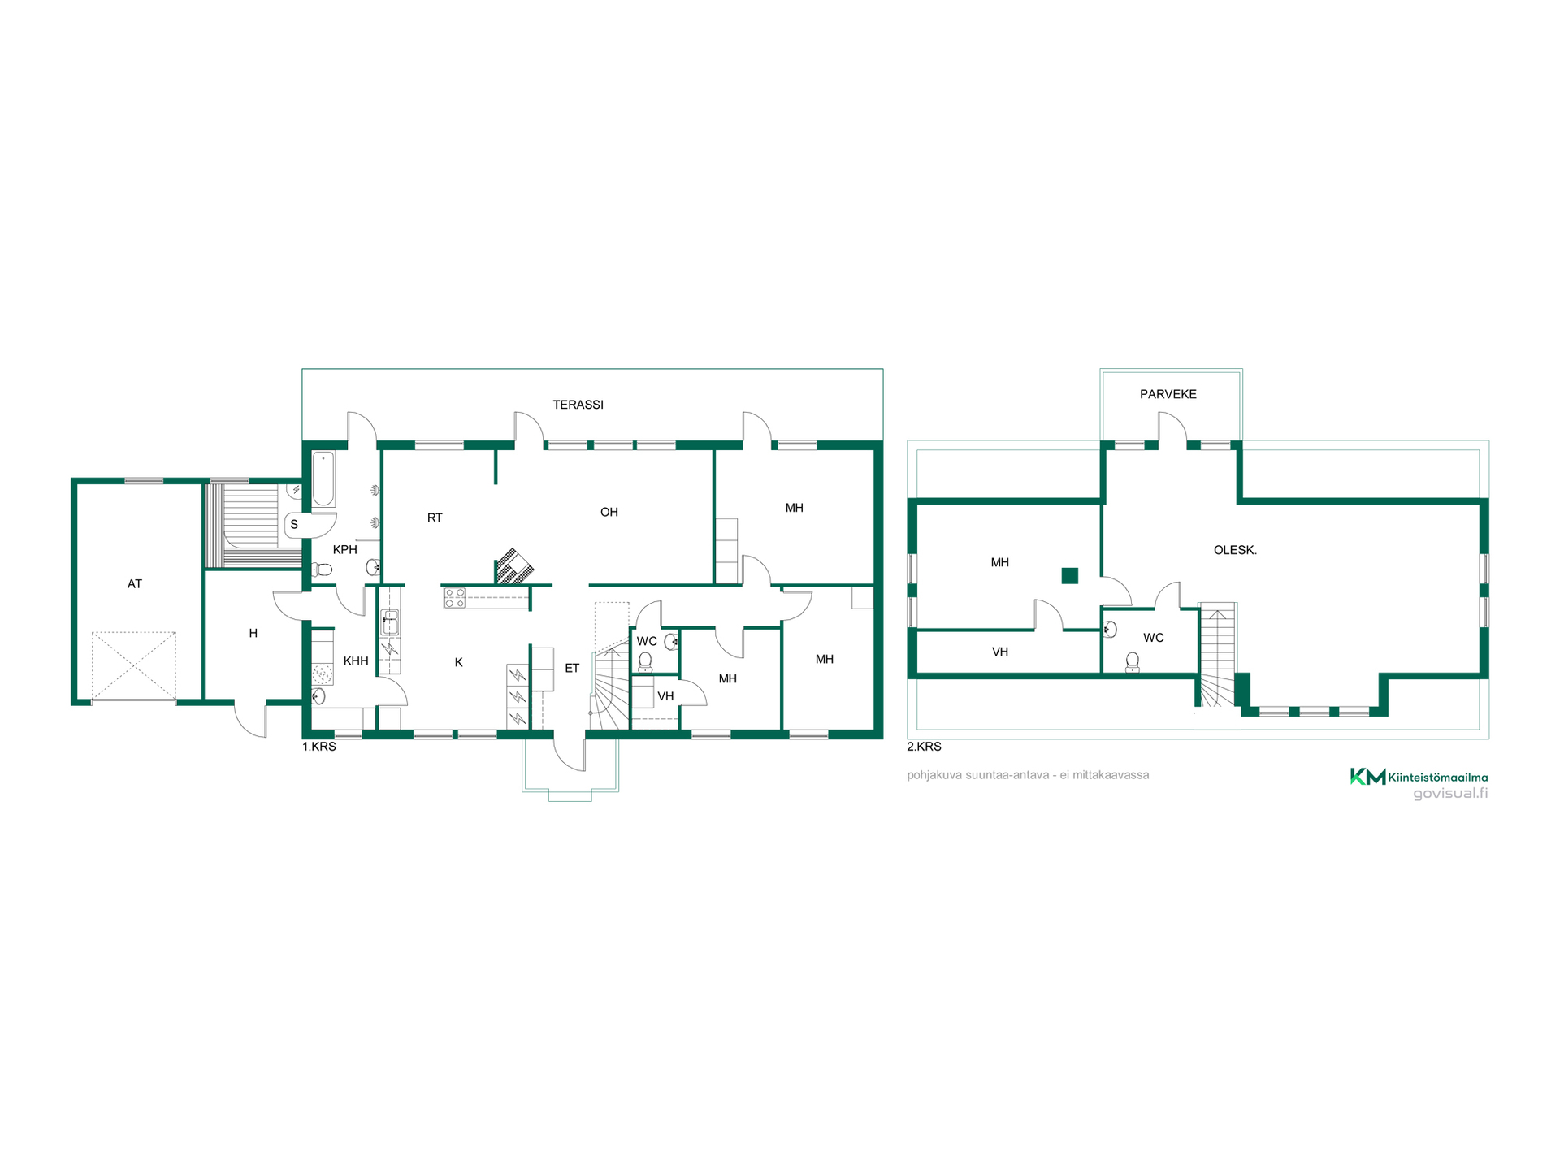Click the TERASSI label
[x=578, y=405]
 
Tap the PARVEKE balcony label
[x=1168, y=394]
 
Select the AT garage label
[x=135, y=584]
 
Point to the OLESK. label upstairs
[x=1235, y=550]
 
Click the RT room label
[x=435, y=518]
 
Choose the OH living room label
[x=609, y=512]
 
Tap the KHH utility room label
[x=356, y=661]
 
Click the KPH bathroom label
[x=345, y=550]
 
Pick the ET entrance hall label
[x=572, y=669]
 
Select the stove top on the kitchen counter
[x=454, y=599]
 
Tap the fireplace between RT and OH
[x=513, y=567]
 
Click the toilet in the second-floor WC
[x=1132, y=662]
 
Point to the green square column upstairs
[x=1070, y=576]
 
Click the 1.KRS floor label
[x=319, y=747]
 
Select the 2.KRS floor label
[x=924, y=747]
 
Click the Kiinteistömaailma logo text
[x=1438, y=778]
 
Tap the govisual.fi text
[x=1450, y=794]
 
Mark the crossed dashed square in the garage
[x=133, y=666]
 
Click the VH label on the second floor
[x=1000, y=652]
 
